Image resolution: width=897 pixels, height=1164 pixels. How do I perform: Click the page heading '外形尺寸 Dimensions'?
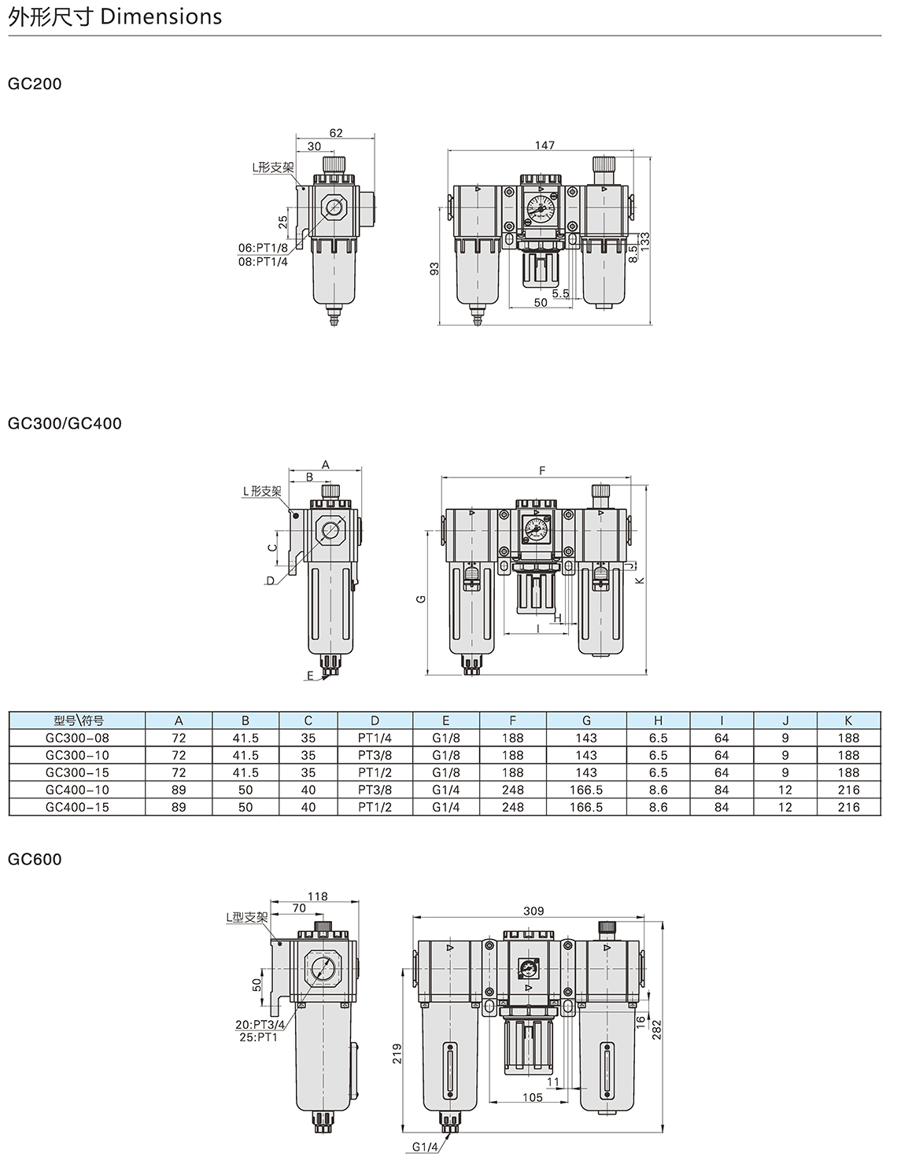tap(115, 17)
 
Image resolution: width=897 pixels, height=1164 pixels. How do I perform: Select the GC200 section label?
tap(35, 83)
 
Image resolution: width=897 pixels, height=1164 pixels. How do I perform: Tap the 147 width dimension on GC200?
tap(544, 145)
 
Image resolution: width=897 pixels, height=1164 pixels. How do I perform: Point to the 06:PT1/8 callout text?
tap(263, 249)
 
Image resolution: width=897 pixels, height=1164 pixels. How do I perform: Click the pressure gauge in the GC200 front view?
tap(540, 208)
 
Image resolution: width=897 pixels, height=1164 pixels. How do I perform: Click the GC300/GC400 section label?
tap(65, 423)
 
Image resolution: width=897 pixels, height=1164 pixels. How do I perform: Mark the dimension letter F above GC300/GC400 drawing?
tap(541, 470)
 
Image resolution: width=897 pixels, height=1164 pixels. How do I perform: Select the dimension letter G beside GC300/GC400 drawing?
tap(421, 599)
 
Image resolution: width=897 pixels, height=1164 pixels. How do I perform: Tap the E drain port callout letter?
tap(310, 675)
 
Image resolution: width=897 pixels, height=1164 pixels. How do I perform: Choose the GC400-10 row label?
tap(78, 790)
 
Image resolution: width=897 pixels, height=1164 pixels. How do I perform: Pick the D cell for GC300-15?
tap(375, 772)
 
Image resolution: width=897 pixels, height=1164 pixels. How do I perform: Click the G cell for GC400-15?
tap(586, 807)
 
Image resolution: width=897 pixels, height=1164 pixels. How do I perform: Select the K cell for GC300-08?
tap(849, 738)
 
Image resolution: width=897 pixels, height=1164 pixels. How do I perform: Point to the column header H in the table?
tap(658, 720)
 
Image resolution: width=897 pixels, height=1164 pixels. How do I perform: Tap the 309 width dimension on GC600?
tap(533, 911)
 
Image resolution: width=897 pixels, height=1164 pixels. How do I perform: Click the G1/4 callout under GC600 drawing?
tap(424, 1147)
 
